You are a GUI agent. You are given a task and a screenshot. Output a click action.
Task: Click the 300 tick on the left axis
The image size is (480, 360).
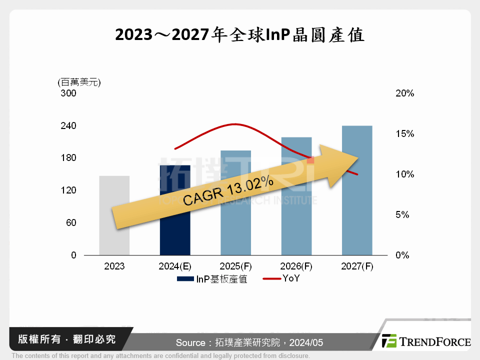tap(69, 93)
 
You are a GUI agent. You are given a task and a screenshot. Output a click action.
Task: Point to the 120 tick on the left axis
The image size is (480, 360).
tap(69, 190)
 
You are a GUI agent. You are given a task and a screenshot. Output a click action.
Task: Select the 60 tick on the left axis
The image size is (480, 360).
tap(71, 222)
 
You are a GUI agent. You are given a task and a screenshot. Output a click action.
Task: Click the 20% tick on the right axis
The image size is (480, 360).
tap(405, 93)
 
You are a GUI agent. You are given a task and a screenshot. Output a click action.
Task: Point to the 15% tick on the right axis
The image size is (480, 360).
tap(405, 134)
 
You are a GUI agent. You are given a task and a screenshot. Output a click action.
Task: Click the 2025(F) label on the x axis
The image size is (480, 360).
tap(235, 266)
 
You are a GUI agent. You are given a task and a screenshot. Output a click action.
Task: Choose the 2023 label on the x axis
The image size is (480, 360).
tap(114, 266)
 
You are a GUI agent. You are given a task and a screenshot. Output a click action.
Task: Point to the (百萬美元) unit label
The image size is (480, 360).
tap(79, 82)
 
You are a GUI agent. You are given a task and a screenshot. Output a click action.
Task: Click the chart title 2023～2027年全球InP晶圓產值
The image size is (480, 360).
tap(240, 35)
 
